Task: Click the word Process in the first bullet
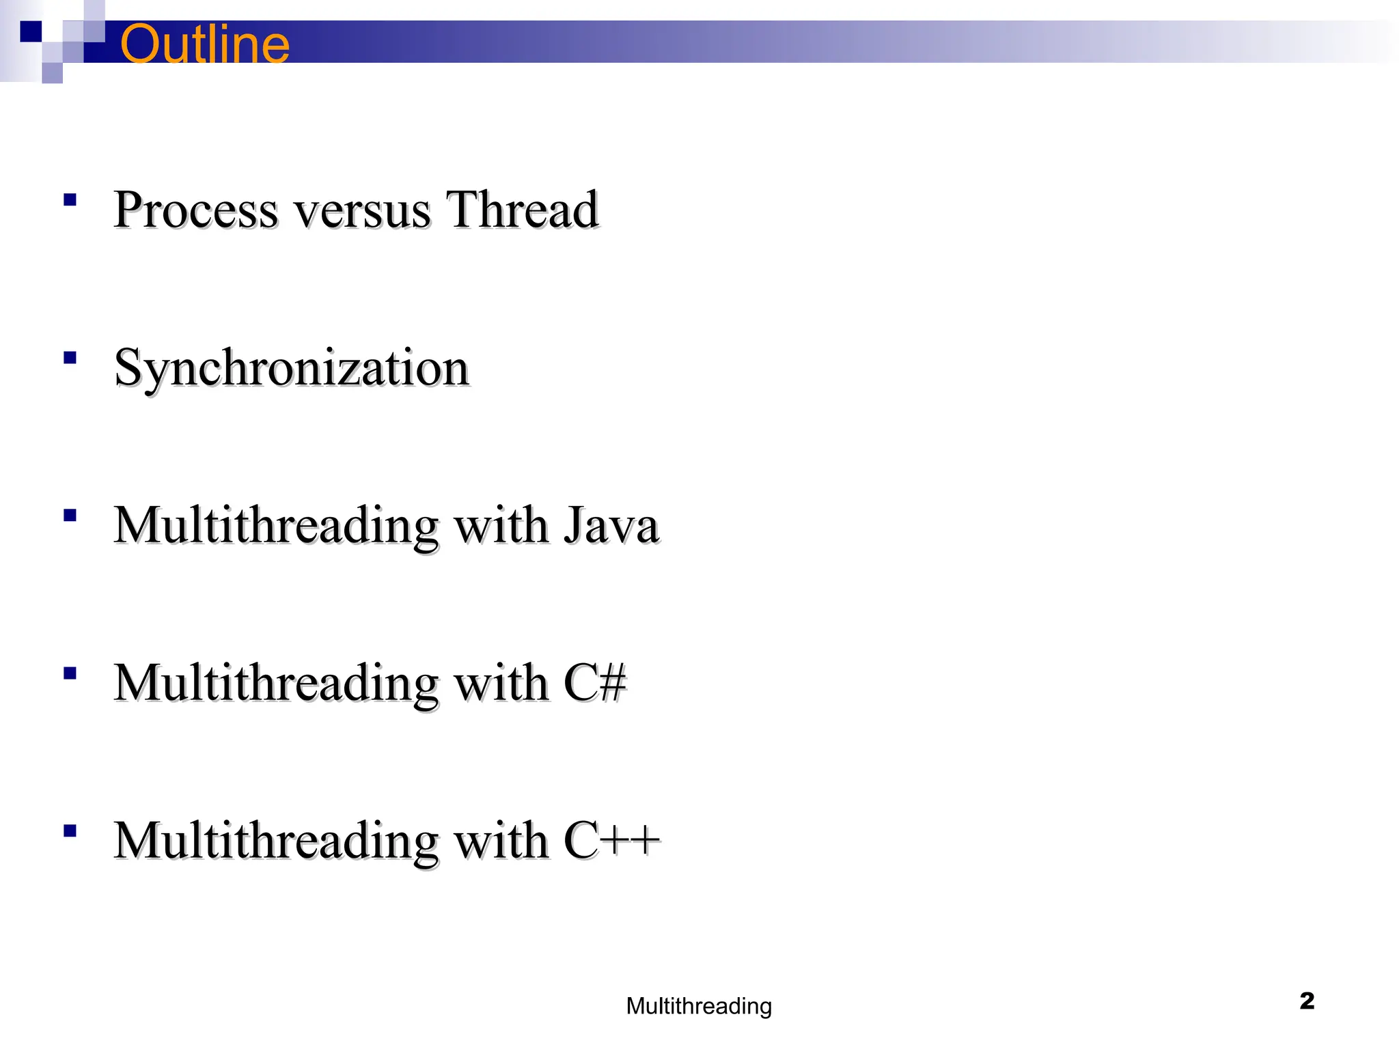pos(195,209)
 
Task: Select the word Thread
pos(522,209)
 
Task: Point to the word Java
pos(611,526)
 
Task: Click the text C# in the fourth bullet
pos(594,683)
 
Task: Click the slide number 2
pos(1307,1001)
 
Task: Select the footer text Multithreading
pos(699,1006)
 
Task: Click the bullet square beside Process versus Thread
pos(70,199)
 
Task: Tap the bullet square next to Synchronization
pos(70,357)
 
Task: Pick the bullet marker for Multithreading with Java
pos(70,515)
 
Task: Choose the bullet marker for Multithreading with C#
pos(70,673)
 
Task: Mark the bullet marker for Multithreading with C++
pos(70,831)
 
